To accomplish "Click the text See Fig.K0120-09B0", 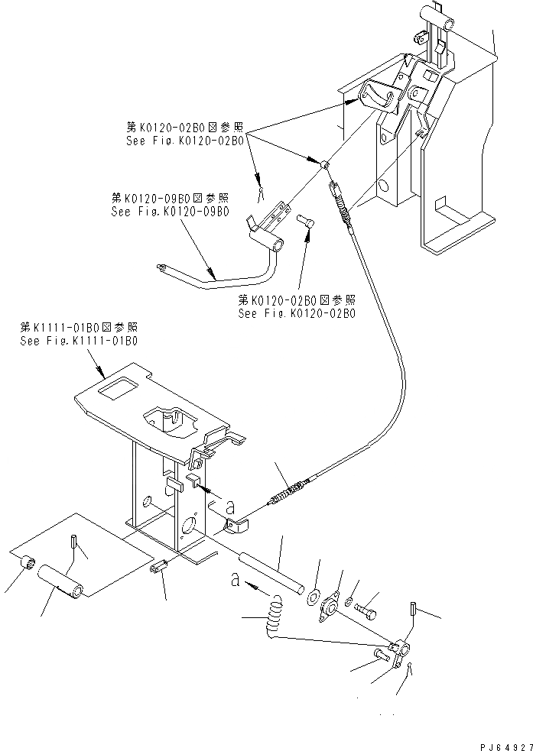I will click(170, 212).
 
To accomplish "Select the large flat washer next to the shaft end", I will click(314, 595).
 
